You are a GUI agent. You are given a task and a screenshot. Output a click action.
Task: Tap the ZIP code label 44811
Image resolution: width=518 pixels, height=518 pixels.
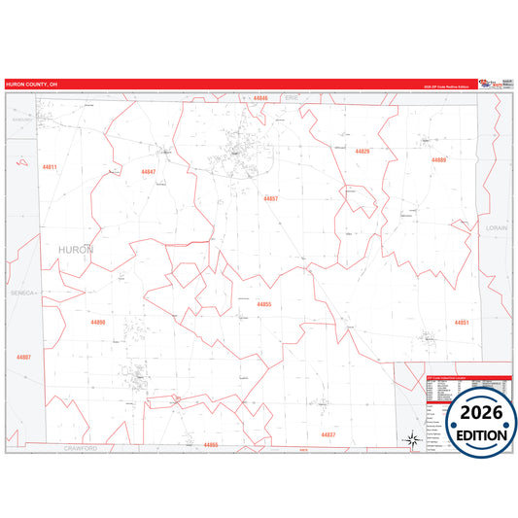coord(50,167)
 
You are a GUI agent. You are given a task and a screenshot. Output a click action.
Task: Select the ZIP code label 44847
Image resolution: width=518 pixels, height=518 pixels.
coord(148,172)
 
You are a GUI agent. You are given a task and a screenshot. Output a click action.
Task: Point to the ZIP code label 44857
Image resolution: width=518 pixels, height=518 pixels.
coord(270,198)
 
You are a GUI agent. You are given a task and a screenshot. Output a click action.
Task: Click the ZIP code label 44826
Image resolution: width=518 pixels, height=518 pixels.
coord(363,152)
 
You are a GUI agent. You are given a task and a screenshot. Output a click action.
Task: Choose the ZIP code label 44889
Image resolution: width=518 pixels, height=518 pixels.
coord(439,159)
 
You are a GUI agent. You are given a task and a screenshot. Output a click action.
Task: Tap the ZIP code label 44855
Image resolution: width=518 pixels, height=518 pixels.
coord(264,304)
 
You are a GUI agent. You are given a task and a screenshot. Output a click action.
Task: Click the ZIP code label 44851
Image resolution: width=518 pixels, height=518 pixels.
coord(462,322)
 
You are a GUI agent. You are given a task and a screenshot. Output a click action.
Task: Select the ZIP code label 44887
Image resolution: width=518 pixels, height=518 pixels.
coord(23,357)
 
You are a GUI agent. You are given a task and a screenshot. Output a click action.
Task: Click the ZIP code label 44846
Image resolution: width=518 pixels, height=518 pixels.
coord(259,98)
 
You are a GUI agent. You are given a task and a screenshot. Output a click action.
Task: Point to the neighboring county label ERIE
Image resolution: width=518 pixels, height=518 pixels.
coord(291,98)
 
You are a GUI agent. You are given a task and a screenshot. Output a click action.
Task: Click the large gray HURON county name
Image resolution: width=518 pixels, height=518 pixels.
coord(77,250)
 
